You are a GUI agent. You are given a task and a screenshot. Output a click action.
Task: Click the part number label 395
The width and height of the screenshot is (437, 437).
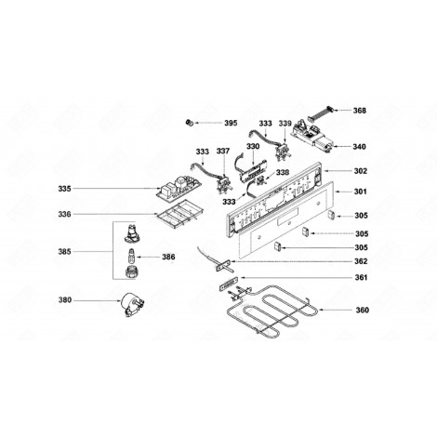coord(231,123)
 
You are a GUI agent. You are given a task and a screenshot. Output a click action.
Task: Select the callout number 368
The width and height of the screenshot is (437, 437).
coord(360,111)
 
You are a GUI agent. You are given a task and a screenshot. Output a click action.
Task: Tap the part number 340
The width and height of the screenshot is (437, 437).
coord(359,146)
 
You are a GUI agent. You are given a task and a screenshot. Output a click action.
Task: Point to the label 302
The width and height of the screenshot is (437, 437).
coord(360,172)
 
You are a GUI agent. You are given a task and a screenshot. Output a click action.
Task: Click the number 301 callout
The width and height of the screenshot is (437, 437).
coord(360,192)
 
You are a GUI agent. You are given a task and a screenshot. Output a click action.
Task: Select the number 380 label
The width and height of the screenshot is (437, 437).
coord(64,300)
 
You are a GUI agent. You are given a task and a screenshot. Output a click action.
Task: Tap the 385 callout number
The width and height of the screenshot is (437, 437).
coord(64,251)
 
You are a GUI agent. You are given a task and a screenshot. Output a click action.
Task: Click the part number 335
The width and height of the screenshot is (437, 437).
coord(64,189)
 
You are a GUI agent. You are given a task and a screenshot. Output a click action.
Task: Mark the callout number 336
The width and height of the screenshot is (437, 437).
coord(64,215)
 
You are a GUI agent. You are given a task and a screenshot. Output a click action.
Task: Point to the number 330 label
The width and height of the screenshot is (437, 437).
coord(252,146)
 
